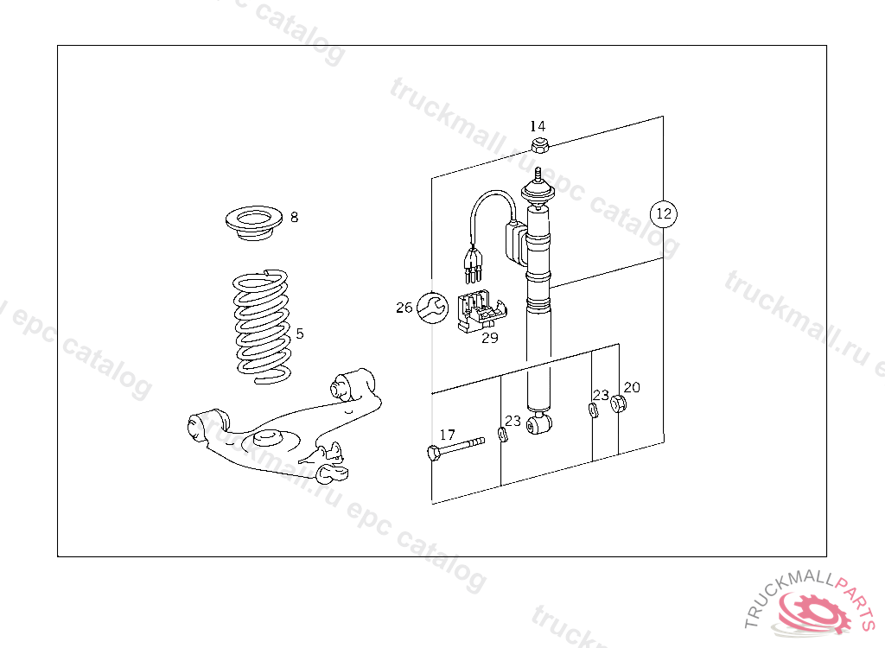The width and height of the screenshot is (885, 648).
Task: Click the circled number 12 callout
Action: [663, 214]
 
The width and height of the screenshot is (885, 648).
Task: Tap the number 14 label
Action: [538, 126]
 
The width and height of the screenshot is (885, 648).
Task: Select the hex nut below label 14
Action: [540, 145]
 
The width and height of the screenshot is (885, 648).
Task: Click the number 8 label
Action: [294, 217]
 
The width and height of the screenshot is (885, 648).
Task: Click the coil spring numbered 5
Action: [263, 327]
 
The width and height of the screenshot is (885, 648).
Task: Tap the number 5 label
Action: [300, 334]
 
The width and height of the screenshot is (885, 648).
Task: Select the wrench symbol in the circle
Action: [432, 308]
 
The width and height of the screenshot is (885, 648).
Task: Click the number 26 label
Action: [404, 308]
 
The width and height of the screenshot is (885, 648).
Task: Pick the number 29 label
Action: [490, 338]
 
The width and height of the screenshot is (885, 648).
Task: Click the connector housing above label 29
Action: [481, 311]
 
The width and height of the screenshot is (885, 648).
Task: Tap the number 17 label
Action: [447, 435]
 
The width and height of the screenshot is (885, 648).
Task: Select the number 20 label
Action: [632, 387]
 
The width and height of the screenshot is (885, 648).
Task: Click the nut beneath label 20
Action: [618, 403]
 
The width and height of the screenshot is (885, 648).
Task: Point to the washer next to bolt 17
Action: [502, 435]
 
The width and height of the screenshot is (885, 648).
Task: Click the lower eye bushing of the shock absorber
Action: [539, 424]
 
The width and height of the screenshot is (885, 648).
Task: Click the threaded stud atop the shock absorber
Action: [538, 175]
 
